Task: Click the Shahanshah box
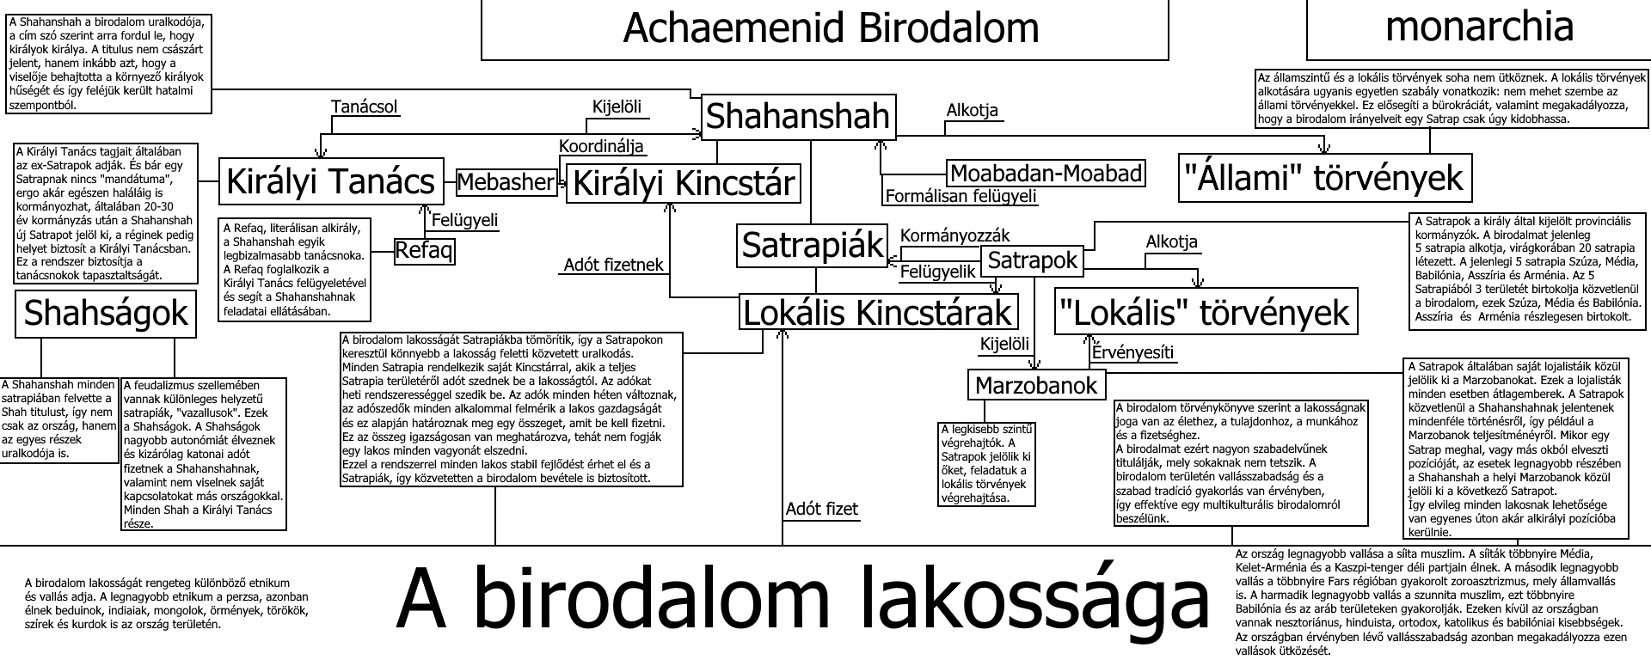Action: tap(797, 116)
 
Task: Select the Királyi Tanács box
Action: tap(330, 182)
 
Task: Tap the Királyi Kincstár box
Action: tap(683, 183)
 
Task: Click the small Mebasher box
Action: tap(506, 182)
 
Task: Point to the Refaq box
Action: tap(424, 251)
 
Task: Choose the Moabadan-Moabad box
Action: tap(1046, 174)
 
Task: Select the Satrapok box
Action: tap(1032, 260)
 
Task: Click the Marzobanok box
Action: tap(1036, 386)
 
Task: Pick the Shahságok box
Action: tap(106, 314)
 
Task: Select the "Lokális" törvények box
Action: tap(1207, 311)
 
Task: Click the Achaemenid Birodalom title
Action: tap(830, 28)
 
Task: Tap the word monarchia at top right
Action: tap(1479, 27)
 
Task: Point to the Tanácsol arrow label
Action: tap(365, 107)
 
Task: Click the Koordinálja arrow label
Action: tap(601, 146)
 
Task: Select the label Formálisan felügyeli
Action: tap(961, 197)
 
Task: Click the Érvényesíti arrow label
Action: tap(1132, 352)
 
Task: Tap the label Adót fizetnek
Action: tap(614, 265)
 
